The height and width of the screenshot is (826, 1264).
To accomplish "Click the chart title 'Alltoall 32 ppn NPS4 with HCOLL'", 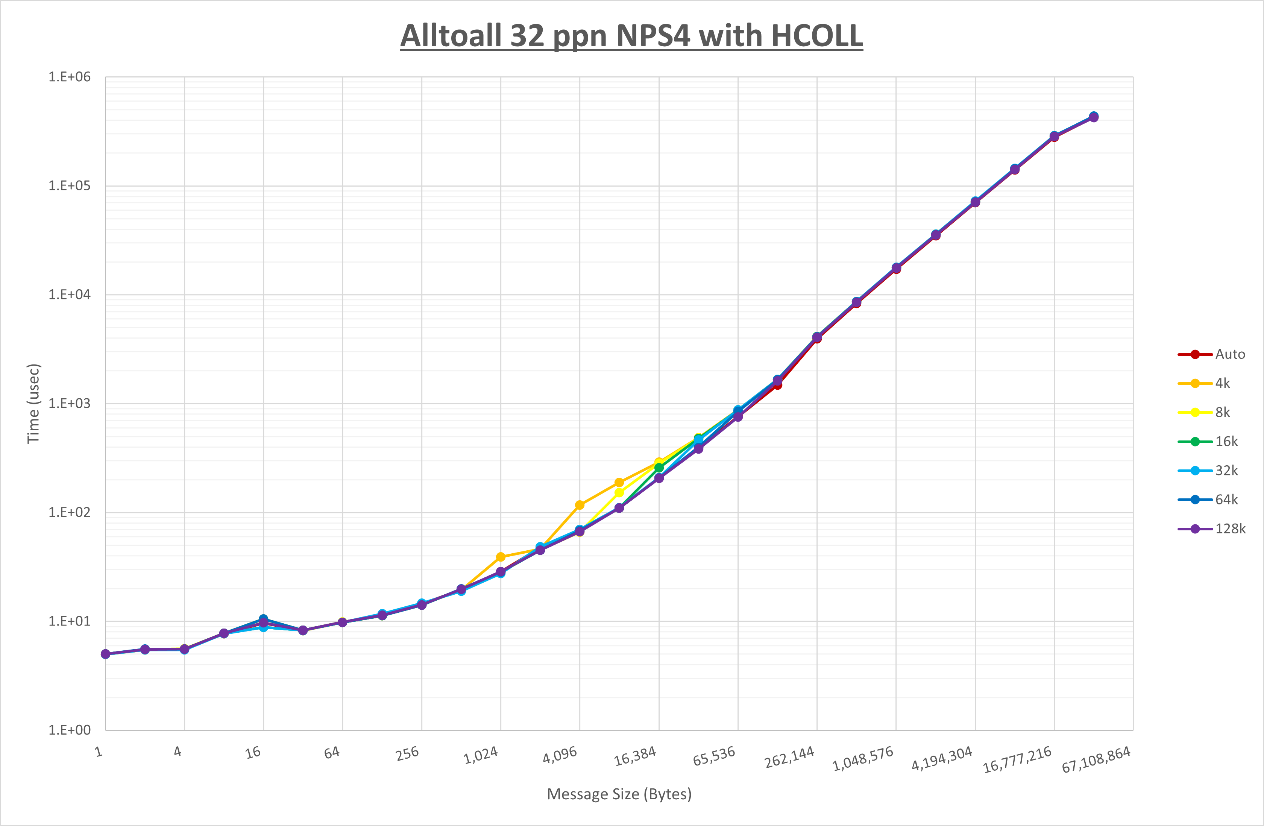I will coord(631,36).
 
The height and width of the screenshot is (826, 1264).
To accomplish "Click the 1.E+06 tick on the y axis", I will coord(70,77).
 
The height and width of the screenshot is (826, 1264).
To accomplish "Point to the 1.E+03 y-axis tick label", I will coord(70,403).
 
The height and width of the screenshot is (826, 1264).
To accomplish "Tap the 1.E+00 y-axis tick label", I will coord(70,730).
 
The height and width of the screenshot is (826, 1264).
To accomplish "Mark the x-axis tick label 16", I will coord(253,752).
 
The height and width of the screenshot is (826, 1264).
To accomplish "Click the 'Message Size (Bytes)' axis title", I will coord(619,794).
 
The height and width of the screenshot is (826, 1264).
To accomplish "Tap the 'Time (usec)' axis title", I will coord(33,403).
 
